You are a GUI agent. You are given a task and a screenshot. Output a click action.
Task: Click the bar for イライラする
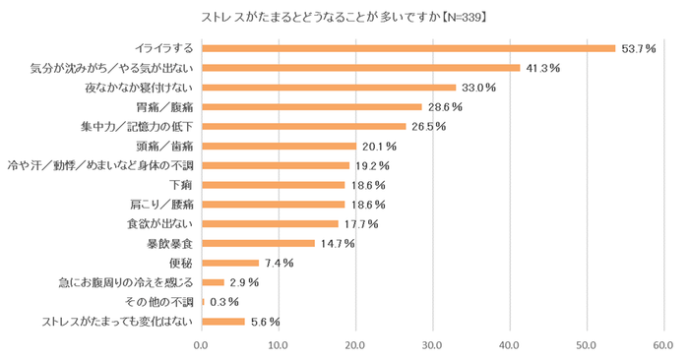(x=407, y=48)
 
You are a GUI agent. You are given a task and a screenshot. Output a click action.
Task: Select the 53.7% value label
(x=637, y=48)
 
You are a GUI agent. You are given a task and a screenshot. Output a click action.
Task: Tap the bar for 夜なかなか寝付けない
(x=328, y=88)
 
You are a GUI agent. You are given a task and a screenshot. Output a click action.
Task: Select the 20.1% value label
(x=378, y=146)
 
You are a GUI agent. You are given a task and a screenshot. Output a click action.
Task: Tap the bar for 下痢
(x=273, y=185)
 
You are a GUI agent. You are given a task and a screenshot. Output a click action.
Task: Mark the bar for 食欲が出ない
(x=269, y=223)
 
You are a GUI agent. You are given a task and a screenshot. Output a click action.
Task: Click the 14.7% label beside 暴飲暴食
(x=337, y=243)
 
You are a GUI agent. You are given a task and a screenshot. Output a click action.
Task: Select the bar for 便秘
(x=229, y=263)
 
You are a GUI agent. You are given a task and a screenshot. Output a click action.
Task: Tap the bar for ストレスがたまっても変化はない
(x=222, y=322)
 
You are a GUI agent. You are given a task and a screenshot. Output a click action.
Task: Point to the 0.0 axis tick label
(x=202, y=345)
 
